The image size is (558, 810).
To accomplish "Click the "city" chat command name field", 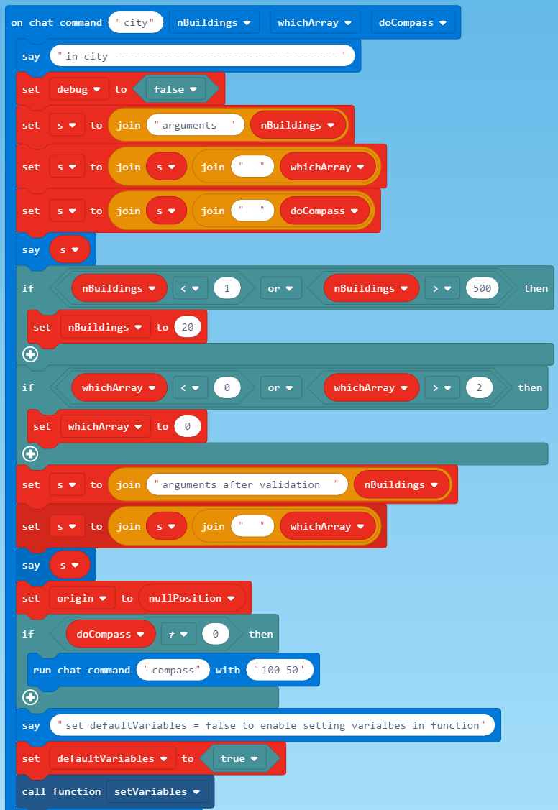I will pyautogui.click(x=135, y=22).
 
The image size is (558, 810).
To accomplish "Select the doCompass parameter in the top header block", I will pyautogui.click(x=413, y=22).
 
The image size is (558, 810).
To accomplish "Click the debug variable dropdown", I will pyautogui.click(x=79, y=89).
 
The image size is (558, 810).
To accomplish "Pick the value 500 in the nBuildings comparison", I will pyautogui.click(x=482, y=288).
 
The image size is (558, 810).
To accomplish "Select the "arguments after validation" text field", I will pyautogui.click(x=247, y=484).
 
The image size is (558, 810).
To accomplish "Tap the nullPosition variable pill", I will pyautogui.click(x=191, y=598).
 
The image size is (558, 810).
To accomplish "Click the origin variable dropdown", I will pyautogui.click(x=81, y=598).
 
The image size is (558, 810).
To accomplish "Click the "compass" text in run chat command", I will pyautogui.click(x=173, y=670).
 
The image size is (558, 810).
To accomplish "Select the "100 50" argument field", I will pyautogui.click(x=280, y=670).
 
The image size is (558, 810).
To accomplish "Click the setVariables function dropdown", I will pyautogui.click(x=157, y=791).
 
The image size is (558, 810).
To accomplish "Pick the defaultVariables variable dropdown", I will pyautogui.click(x=113, y=758).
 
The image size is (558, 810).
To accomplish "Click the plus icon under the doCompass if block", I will pyautogui.click(x=30, y=696).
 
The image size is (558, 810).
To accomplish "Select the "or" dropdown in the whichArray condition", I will pyautogui.click(x=280, y=387).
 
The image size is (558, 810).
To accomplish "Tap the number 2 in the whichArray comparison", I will pyautogui.click(x=478, y=387).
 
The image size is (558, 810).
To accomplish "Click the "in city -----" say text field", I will pyautogui.click(x=202, y=55).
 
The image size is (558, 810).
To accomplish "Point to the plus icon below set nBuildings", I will pyautogui.click(x=30, y=354).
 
